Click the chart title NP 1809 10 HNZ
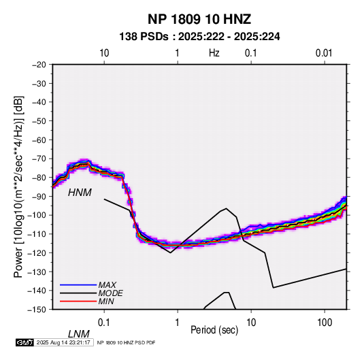click(199, 19)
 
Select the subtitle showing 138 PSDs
click(199, 37)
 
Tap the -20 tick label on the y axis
click(39, 65)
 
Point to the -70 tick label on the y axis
click(39, 159)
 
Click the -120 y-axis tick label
click(37, 253)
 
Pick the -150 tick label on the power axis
click(37, 310)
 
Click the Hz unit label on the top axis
click(214, 53)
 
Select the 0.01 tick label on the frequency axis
click(324, 53)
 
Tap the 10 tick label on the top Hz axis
click(104, 53)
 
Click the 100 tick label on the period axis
click(325, 323)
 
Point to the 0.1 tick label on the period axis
click(104, 323)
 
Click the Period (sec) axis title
click(214, 330)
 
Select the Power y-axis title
click(18, 186)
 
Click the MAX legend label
click(107, 285)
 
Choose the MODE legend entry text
click(110, 293)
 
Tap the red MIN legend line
click(78, 301)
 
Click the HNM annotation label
click(80, 193)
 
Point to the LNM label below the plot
click(78, 334)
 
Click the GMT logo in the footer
click(24, 342)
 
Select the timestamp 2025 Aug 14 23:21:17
click(63, 342)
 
